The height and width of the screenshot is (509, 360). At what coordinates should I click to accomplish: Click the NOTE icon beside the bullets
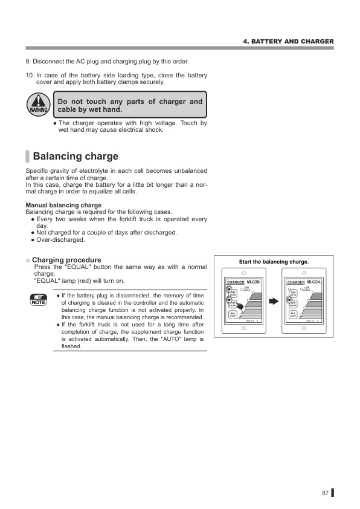[x=39, y=299]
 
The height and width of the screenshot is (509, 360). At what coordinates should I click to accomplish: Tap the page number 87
[x=325, y=493]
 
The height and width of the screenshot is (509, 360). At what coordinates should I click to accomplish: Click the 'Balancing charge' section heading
[x=76, y=156]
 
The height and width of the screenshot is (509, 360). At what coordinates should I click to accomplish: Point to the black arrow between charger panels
[x=273, y=300]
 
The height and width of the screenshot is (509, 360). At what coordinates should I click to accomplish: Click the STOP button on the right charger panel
[x=293, y=314]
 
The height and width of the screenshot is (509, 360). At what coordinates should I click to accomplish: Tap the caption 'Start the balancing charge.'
[x=274, y=262]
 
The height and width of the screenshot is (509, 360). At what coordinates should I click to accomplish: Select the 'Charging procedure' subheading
[x=66, y=259]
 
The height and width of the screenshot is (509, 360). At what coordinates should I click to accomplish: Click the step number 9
[x=27, y=61]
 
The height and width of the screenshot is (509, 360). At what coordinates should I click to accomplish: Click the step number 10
[x=29, y=75]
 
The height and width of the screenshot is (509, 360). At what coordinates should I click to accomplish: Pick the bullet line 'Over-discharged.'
[x=60, y=239]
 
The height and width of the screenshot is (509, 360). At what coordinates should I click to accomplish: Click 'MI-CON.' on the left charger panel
[x=254, y=282]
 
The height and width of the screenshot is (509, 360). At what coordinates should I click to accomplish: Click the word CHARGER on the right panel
[x=296, y=282]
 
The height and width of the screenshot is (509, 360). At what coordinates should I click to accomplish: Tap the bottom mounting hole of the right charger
[x=303, y=329]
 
